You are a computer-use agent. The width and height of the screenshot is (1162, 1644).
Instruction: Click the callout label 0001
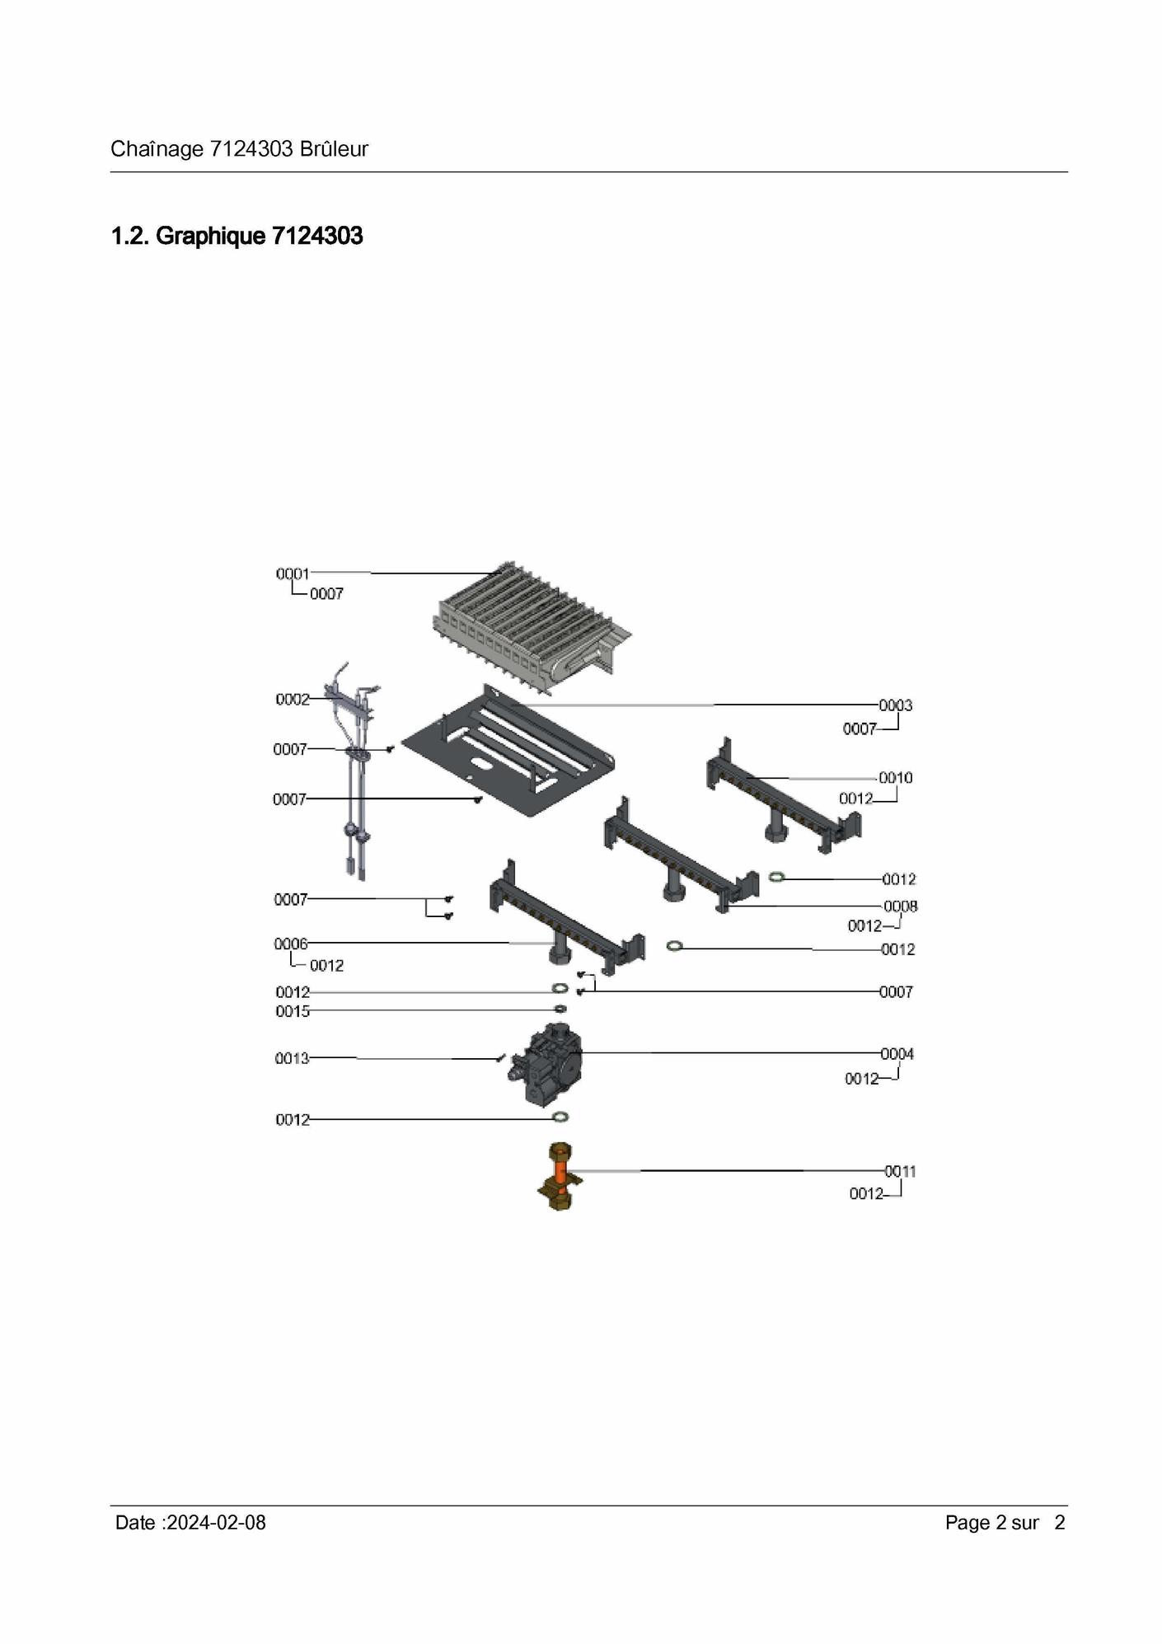pyautogui.click(x=293, y=574)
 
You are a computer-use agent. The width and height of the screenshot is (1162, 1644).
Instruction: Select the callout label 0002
pyautogui.click(x=293, y=700)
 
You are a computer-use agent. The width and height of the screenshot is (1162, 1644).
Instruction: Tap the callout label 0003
pyautogui.click(x=895, y=705)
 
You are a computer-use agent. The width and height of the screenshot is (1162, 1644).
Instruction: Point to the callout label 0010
pyautogui.click(x=895, y=778)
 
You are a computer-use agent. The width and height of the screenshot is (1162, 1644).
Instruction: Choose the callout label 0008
pyautogui.click(x=900, y=906)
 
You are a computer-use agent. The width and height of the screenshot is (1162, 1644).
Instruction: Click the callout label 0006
pyautogui.click(x=291, y=944)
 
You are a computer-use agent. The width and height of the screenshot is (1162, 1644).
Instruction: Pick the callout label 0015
pyautogui.click(x=293, y=1011)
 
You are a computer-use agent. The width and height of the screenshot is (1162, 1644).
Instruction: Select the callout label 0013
pyautogui.click(x=292, y=1058)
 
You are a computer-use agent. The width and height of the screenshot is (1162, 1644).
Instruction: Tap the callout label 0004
pyautogui.click(x=897, y=1054)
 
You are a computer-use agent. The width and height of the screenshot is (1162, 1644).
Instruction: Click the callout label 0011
pyautogui.click(x=900, y=1171)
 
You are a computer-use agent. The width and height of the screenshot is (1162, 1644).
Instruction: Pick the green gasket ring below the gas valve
pyautogui.click(x=560, y=1117)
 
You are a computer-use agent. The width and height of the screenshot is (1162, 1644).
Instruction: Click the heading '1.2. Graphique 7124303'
pyautogui.click(x=237, y=237)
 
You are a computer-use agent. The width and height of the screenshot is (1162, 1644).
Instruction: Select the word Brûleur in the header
pyautogui.click(x=334, y=149)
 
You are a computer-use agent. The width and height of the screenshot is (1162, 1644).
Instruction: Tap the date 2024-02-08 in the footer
pyautogui.click(x=216, y=1523)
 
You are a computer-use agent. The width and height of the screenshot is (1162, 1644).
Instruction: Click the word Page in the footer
pyautogui.click(x=967, y=1523)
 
